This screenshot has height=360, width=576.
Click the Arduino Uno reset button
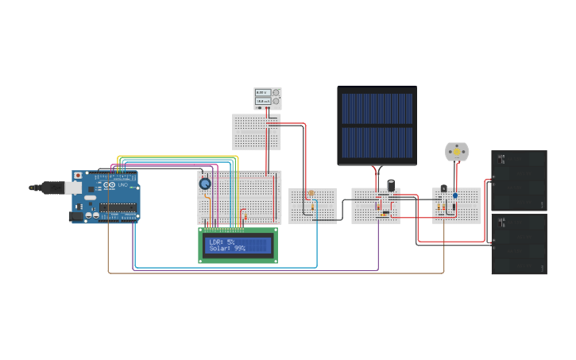pyautogui.click(x=77, y=176)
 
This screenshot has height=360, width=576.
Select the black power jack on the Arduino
pyautogui.click(x=76, y=215)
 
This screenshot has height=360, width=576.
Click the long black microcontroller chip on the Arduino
pyautogui.click(x=118, y=209)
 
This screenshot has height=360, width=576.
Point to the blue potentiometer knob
pyautogui.click(x=205, y=184)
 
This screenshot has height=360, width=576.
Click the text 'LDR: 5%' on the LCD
pyautogui.click(x=222, y=242)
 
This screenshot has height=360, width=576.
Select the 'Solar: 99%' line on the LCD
pyautogui.click(x=227, y=249)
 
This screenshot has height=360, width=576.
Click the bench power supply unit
pyautogui.click(x=267, y=99)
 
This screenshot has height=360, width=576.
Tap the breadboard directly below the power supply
pyautogui.click(x=256, y=132)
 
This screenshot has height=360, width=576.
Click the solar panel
pyautogui.click(x=377, y=126)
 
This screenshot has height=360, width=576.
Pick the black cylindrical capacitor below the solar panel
pyautogui.click(x=391, y=184)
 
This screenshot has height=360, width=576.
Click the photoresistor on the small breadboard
pyautogui.click(x=311, y=193)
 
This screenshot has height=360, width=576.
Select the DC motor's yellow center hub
pyautogui.click(x=457, y=151)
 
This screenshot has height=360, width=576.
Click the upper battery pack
pyautogui.click(x=519, y=180)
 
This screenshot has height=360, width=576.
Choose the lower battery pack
pyautogui.click(x=519, y=244)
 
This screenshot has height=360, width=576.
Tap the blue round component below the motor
pyautogui.click(x=455, y=195)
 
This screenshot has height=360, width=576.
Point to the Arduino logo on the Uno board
pyautogui.click(x=108, y=187)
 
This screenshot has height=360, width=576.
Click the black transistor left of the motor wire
pyautogui.click(x=443, y=188)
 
